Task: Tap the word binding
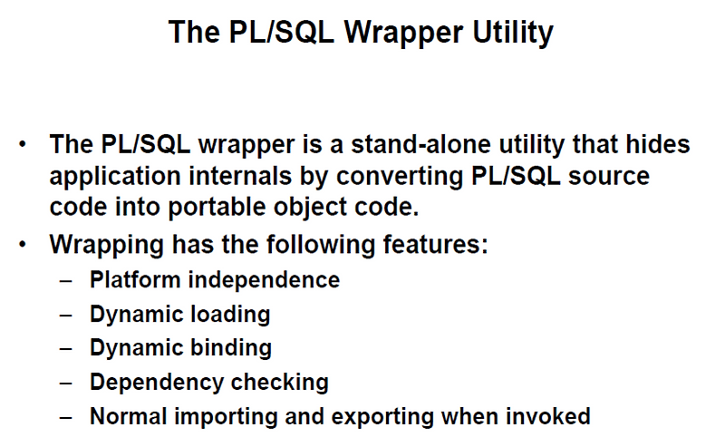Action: pyautogui.click(x=229, y=348)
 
